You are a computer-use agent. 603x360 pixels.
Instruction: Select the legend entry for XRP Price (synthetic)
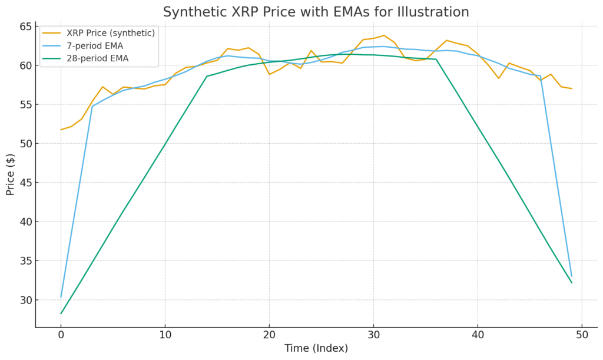coord(111,33)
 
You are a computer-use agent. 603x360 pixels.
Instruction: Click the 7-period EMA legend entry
coord(97,45)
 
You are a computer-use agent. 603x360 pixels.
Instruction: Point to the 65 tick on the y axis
coord(25,27)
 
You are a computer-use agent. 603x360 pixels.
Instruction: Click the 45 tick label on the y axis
coord(25,183)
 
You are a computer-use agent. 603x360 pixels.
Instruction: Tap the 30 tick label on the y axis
coord(25,300)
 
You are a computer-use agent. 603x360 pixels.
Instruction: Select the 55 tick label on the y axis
coord(25,105)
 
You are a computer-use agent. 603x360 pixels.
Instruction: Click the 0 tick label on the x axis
coord(61,335)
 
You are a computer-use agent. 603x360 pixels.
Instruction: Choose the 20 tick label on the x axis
coord(269,335)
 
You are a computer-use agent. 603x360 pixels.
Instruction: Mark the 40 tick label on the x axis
coord(478,335)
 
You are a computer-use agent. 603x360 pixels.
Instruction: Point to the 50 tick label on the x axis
coord(582,335)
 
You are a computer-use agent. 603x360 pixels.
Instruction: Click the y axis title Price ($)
coord(11,174)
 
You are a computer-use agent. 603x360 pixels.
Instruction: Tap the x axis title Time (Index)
coord(316,348)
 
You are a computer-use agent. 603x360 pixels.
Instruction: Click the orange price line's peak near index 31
coord(384,35)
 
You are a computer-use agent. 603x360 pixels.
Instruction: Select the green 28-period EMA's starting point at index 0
coord(61,313)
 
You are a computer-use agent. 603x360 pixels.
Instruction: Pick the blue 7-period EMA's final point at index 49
coord(571,276)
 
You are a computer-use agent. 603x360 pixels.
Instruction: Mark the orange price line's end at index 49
coord(571,88)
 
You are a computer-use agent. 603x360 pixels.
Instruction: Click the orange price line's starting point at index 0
coord(61,130)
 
